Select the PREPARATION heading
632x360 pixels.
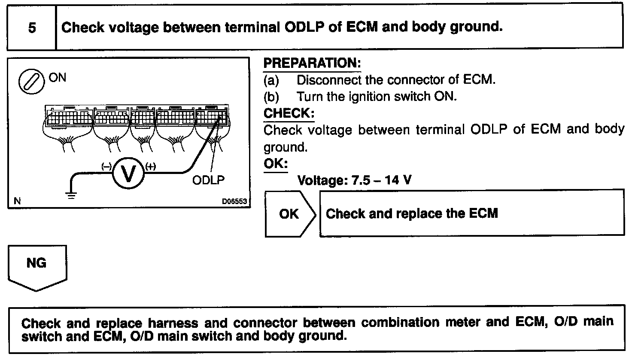[x=312, y=63]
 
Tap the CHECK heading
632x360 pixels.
[x=289, y=113]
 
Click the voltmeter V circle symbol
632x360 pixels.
[x=128, y=173]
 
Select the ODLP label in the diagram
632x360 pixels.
[x=208, y=180]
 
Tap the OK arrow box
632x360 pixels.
[x=290, y=214]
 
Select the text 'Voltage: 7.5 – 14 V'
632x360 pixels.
[x=354, y=180]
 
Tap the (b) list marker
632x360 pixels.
[x=271, y=97]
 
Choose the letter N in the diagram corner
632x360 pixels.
[x=17, y=201]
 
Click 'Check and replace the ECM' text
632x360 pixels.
[x=412, y=214]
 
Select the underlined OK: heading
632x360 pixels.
[x=275, y=164]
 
